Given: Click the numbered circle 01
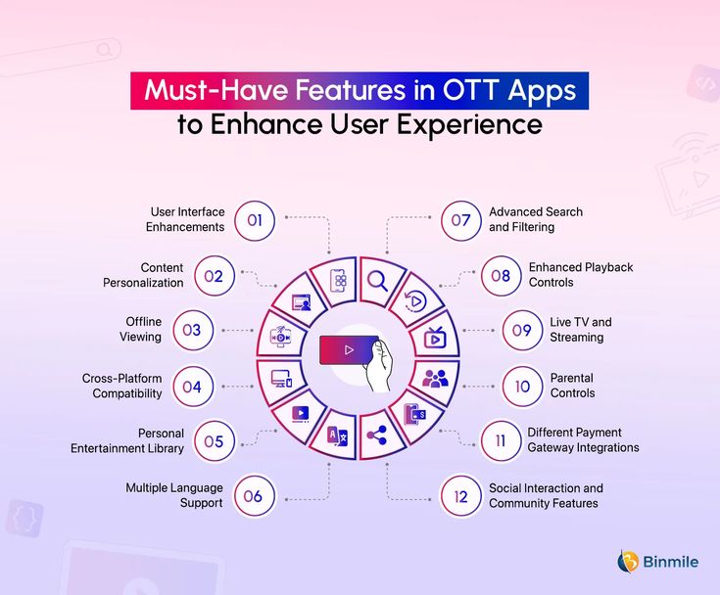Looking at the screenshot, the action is (x=255, y=220).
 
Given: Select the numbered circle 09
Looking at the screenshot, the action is (x=522, y=331).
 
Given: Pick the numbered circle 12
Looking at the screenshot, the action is (x=460, y=496).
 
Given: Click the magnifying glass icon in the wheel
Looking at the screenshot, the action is (x=378, y=281).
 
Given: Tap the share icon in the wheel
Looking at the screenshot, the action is (x=376, y=435).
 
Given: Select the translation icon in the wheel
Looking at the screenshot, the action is (x=338, y=436).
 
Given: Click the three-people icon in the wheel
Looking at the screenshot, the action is (x=435, y=379).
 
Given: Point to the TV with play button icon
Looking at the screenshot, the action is (x=435, y=338).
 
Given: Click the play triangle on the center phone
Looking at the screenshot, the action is (x=349, y=350).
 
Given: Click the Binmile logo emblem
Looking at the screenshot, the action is (x=628, y=562).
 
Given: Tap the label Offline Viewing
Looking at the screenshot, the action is (x=140, y=330).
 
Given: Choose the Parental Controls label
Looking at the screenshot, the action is (x=572, y=386).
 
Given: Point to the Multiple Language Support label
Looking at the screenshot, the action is (x=174, y=495).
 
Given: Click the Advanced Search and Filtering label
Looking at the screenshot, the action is (x=536, y=219).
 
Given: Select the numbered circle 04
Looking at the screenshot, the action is (x=193, y=387).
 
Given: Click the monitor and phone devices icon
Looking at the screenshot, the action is (x=281, y=379).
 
